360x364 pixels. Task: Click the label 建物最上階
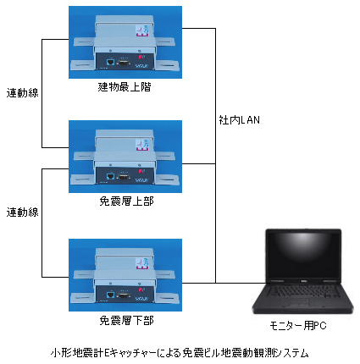[125, 87]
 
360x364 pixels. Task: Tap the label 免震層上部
[126, 201]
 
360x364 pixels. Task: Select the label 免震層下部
[126, 321]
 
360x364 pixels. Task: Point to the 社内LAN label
[239, 120]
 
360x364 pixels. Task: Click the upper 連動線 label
[22, 93]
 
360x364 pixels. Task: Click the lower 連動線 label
[22, 212]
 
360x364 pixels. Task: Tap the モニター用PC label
[298, 326]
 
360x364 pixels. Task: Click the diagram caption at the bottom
[180, 353]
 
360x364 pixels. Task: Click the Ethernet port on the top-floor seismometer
[111, 62]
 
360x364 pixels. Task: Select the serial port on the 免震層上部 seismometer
[124, 177]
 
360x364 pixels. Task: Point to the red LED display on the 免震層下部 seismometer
[141, 290]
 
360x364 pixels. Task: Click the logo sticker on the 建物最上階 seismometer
[142, 30]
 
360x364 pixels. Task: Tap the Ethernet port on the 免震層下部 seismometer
[111, 295]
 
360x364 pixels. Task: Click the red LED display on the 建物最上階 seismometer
[141, 58]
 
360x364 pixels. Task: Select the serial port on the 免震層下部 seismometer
[124, 295]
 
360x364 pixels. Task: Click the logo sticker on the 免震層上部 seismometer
[142, 145]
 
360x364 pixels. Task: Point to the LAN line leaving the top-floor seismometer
[199, 28]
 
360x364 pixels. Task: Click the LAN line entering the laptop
[241, 283]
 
